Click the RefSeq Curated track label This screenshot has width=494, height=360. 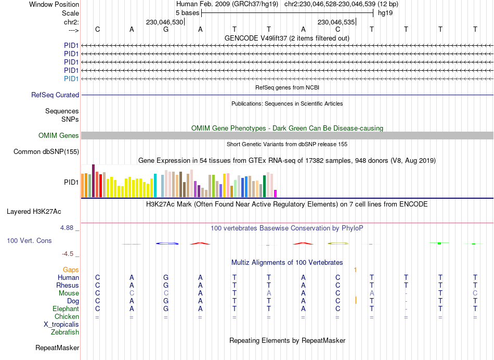pos(55,95)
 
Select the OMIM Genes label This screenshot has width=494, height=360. pos(59,136)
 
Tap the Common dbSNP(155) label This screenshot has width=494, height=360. pos(47,152)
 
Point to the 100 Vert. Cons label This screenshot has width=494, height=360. pos(29,241)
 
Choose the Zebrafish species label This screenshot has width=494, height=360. pos(65,332)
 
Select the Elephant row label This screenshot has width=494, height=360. pos(66,308)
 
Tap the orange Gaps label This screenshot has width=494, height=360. pos(71,269)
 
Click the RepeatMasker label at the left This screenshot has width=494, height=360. pos(57,348)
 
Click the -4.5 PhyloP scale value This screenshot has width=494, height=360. pos(69,254)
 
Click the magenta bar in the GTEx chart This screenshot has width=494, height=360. pos(276,194)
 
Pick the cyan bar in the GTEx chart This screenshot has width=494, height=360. pos(155,186)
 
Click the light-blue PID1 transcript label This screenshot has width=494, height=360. pos(71,79)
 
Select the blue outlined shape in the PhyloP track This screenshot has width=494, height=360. pos(167,243)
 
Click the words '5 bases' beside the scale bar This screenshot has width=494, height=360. pos(187,12)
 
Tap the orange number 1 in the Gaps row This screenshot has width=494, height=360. pos(355,269)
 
